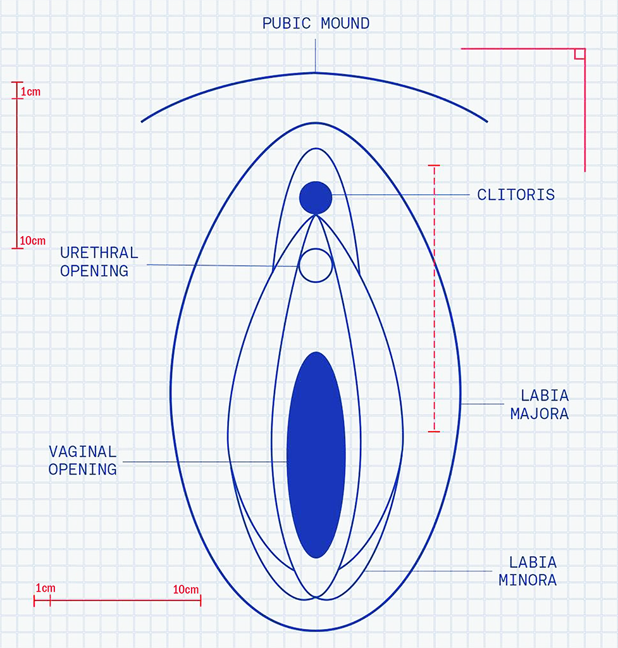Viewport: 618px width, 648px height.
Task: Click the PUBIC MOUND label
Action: coord(316,23)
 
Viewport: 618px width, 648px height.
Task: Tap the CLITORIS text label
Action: coord(516,195)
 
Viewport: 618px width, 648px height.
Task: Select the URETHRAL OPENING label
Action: coord(99,262)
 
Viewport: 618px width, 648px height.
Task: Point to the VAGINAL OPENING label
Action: coord(83,461)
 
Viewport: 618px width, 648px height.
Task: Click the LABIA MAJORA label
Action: coord(540,404)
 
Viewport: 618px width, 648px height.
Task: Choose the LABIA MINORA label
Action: coord(528,571)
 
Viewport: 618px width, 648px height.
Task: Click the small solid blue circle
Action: coord(316,197)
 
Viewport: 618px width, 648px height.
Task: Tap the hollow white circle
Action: coord(316,265)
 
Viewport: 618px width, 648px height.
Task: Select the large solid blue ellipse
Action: coord(316,455)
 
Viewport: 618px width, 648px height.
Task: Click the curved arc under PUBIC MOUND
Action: coord(315,73)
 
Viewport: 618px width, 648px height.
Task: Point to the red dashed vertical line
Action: coord(434,299)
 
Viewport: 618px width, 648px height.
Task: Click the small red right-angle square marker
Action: coord(579,54)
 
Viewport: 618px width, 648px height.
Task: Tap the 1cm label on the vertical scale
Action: coord(31,92)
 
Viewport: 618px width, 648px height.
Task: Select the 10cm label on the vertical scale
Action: coord(33,240)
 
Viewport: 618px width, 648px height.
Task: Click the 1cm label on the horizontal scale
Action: coord(46,588)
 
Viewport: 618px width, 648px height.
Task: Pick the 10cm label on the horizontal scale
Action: coord(186,589)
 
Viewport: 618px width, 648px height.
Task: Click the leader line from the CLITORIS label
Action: coord(400,195)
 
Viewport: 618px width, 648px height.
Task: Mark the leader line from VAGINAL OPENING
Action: coord(205,461)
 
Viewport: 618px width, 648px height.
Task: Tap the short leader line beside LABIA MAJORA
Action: coord(482,404)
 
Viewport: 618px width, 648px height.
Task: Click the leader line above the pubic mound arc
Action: coord(315,56)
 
